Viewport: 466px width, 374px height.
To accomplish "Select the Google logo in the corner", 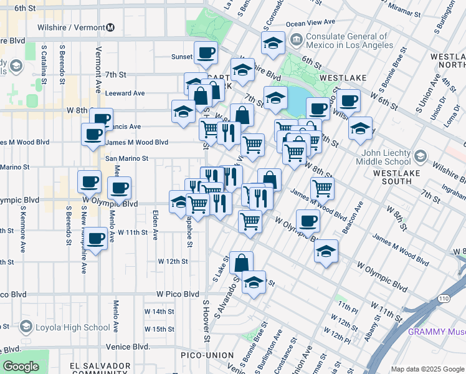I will (x=21, y=367).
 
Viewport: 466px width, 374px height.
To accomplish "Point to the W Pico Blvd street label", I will (x=178, y=294).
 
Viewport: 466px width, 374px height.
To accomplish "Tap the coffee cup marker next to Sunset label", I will (x=206, y=53).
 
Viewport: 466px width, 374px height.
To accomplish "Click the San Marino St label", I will (x=126, y=158).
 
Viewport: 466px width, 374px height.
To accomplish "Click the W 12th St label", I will (x=173, y=261).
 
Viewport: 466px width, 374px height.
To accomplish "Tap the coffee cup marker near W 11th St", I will (x=96, y=239).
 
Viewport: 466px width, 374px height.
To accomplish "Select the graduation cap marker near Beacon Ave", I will (x=326, y=251).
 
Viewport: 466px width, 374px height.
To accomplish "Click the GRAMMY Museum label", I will (x=436, y=332).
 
